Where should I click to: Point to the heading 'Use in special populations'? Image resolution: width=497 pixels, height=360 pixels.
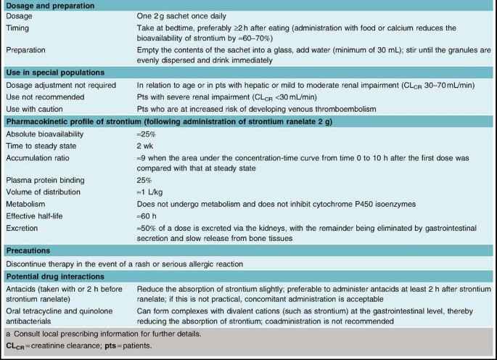pos(57,73)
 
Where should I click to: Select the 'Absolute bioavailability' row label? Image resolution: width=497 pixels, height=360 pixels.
pos(44,134)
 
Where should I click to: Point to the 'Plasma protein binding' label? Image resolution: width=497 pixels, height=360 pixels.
pos(44,180)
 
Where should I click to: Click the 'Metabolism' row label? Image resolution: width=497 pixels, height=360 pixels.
pos(26,204)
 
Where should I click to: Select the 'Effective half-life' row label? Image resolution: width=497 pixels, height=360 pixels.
pos(36,216)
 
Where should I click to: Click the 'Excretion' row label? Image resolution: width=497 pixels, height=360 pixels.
pos(23,227)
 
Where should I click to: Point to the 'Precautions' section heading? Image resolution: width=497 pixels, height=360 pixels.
pos(28,250)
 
